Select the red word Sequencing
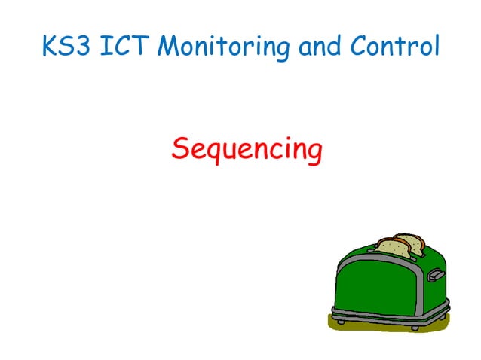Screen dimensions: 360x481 pyautogui.click(x=247, y=149)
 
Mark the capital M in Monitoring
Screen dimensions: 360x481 pyautogui.click(x=172, y=47)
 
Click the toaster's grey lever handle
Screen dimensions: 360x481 pyautogui.click(x=437, y=274)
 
